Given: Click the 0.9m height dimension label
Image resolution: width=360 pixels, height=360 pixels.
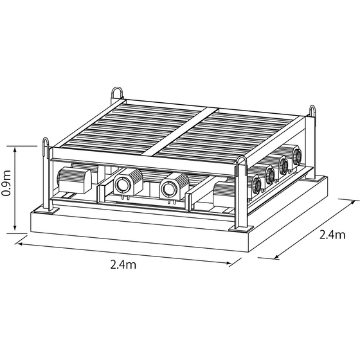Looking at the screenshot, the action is (x=6, y=183).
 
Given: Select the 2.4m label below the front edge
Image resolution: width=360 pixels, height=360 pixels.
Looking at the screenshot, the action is (x=123, y=264).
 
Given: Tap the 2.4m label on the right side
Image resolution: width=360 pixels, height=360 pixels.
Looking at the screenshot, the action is (x=332, y=235).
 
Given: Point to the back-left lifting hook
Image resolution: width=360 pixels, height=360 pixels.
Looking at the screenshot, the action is (x=117, y=93).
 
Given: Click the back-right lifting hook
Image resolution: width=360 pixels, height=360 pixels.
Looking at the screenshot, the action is (x=312, y=111).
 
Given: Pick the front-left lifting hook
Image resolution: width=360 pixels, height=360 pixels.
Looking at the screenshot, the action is (x=46, y=144).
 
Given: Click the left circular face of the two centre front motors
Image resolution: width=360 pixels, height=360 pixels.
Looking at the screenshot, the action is (x=123, y=185).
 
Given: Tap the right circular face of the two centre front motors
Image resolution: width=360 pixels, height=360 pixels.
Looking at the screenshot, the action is (x=170, y=189).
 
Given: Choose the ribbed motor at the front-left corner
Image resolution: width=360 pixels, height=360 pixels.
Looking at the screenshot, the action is (x=74, y=180).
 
